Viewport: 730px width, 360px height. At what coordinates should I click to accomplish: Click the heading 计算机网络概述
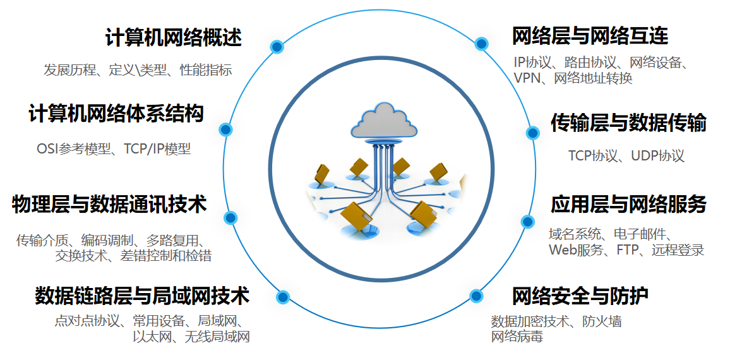[x=174, y=38]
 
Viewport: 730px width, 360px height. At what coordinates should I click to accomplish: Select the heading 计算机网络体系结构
[x=116, y=114]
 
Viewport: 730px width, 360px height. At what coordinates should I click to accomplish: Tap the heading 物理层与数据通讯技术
[x=109, y=204]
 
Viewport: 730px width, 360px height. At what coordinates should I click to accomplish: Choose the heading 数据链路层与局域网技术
[x=142, y=295]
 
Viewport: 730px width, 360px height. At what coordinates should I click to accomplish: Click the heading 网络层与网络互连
[x=590, y=36]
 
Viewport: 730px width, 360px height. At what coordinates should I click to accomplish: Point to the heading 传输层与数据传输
[x=628, y=123]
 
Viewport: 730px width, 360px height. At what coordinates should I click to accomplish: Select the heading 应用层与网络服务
[x=628, y=204]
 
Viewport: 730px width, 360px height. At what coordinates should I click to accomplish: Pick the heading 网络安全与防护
[x=580, y=295]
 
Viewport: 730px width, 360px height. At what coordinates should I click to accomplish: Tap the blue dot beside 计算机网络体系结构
[x=225, y=129]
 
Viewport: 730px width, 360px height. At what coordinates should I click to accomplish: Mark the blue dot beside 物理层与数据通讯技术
[x=230, y=218]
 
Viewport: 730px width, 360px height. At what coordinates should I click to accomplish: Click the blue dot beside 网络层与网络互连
[x=481, y=44]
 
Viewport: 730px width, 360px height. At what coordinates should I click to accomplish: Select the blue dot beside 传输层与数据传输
[x=533, y=133]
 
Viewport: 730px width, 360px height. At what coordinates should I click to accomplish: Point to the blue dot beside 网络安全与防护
[x=477, y=296]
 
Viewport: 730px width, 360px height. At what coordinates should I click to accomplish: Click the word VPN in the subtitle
[x=527, y=78]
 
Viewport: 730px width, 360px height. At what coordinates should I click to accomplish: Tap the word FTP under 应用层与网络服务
[x=630, y=250]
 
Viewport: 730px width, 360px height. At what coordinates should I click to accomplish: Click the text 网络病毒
[x=517, y=336]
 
